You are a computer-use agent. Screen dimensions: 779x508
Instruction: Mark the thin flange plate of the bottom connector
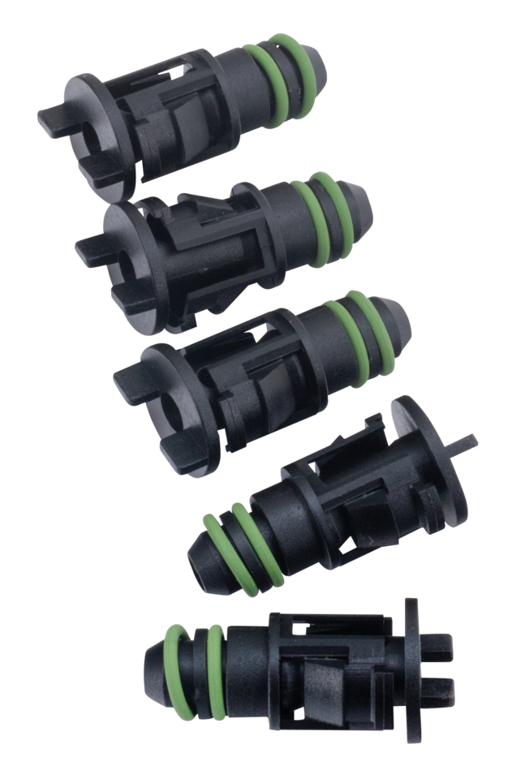[414, 657]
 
